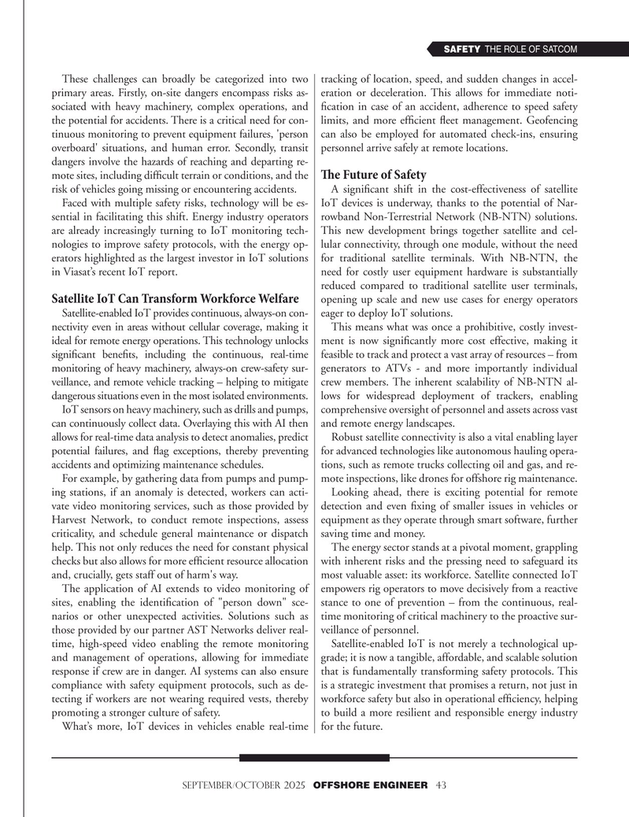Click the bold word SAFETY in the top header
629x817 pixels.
click(x=462, y=50)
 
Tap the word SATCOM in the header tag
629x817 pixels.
click(x=557, y=50)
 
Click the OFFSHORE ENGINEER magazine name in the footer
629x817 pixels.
click(x=370, y=785)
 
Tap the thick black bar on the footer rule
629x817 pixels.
click(x=314, y=758)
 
